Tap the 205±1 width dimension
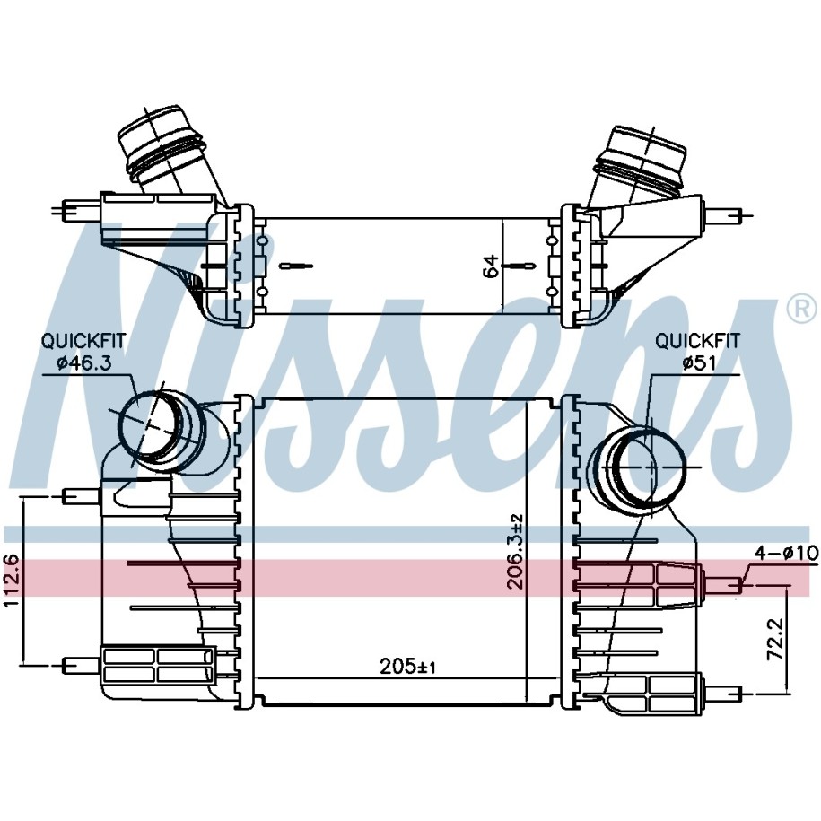coord(408,667)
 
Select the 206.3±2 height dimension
coord(516,552)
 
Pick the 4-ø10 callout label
coord(786,553)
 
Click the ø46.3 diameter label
coord(83,362)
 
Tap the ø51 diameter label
coord(698,362)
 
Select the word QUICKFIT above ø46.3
coord(83,341)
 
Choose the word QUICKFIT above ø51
coord(697,341)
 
